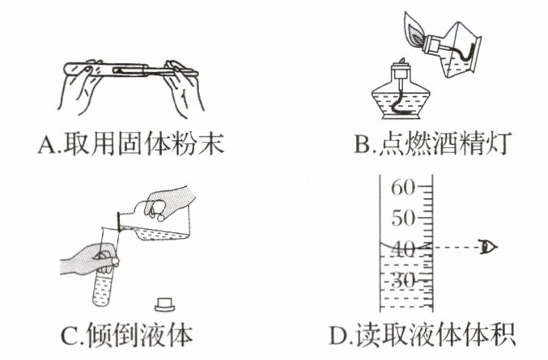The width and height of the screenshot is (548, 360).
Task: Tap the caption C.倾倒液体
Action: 130,333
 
